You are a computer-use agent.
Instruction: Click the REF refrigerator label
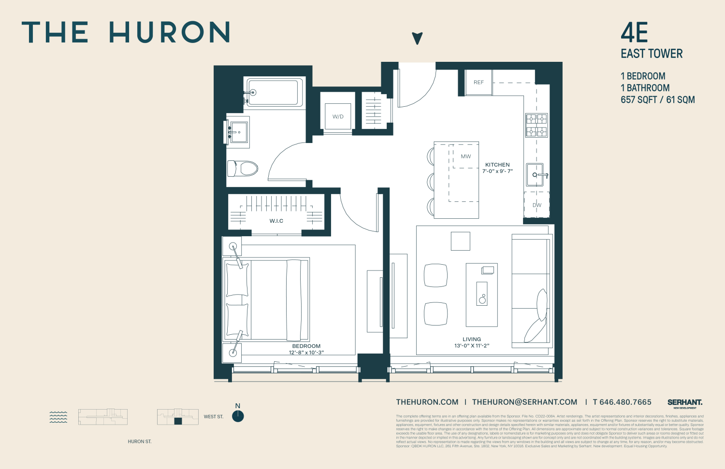[478, 83]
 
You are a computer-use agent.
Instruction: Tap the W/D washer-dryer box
[338, 116]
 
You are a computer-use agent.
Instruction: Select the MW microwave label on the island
[465, 156]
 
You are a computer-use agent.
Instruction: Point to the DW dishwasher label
[537, 205]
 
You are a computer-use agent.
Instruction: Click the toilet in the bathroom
[243, 169]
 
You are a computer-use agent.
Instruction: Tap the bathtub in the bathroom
[273, 92]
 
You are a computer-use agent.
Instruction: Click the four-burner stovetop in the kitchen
[536, 125]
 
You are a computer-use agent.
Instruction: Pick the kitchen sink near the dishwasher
[536, 175]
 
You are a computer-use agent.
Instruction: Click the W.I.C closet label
[276, 221]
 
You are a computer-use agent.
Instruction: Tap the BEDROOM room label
[306, 346]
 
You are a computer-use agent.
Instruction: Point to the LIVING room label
[472, 340]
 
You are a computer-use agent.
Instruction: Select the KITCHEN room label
[497, 165]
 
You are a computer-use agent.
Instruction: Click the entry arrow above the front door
[417, 38]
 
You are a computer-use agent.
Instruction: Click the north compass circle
[238, 416]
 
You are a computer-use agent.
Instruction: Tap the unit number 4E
[634, 33]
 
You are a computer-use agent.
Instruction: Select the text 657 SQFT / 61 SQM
[657, 100]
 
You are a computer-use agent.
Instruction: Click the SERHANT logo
[685, 402]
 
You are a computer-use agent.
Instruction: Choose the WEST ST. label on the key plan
[214, 417]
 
